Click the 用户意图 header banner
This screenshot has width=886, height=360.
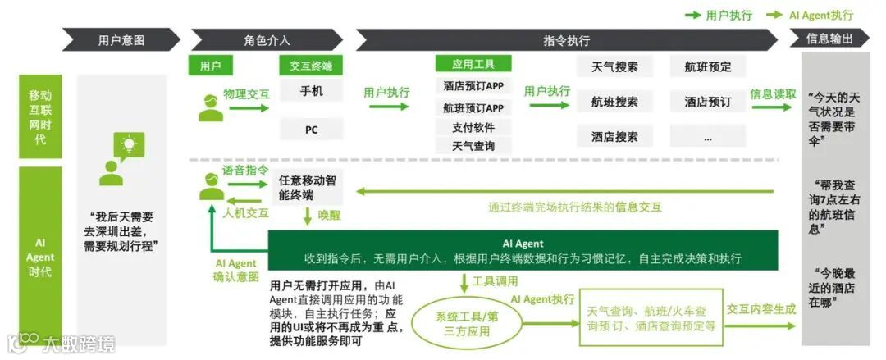121,39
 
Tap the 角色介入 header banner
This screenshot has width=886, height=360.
267,39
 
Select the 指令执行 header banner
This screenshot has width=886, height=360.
566,39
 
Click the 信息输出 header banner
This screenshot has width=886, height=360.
829,39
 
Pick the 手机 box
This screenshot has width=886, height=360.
312,91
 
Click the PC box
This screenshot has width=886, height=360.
312,129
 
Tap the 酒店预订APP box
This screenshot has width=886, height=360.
473,86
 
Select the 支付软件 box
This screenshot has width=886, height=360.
473,127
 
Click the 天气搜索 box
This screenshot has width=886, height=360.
614,67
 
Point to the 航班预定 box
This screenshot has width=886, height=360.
707,67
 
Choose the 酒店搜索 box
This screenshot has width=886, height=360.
614,137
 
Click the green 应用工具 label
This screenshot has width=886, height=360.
473,64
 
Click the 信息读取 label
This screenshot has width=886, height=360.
773,94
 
